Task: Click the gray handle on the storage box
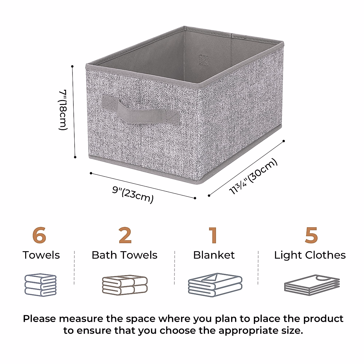140,110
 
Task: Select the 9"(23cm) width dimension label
133,194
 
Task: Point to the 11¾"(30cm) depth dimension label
253,177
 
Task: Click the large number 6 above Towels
39,235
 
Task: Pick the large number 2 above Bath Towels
125,235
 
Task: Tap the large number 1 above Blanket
213,235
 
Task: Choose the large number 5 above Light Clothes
311,235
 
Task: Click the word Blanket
214,255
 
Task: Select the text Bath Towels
124,255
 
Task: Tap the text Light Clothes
310,255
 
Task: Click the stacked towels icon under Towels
40,285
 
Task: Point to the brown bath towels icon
125,285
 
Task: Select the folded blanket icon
215,285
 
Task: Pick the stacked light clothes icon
312,285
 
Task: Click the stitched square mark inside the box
203,60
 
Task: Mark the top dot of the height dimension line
72,66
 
